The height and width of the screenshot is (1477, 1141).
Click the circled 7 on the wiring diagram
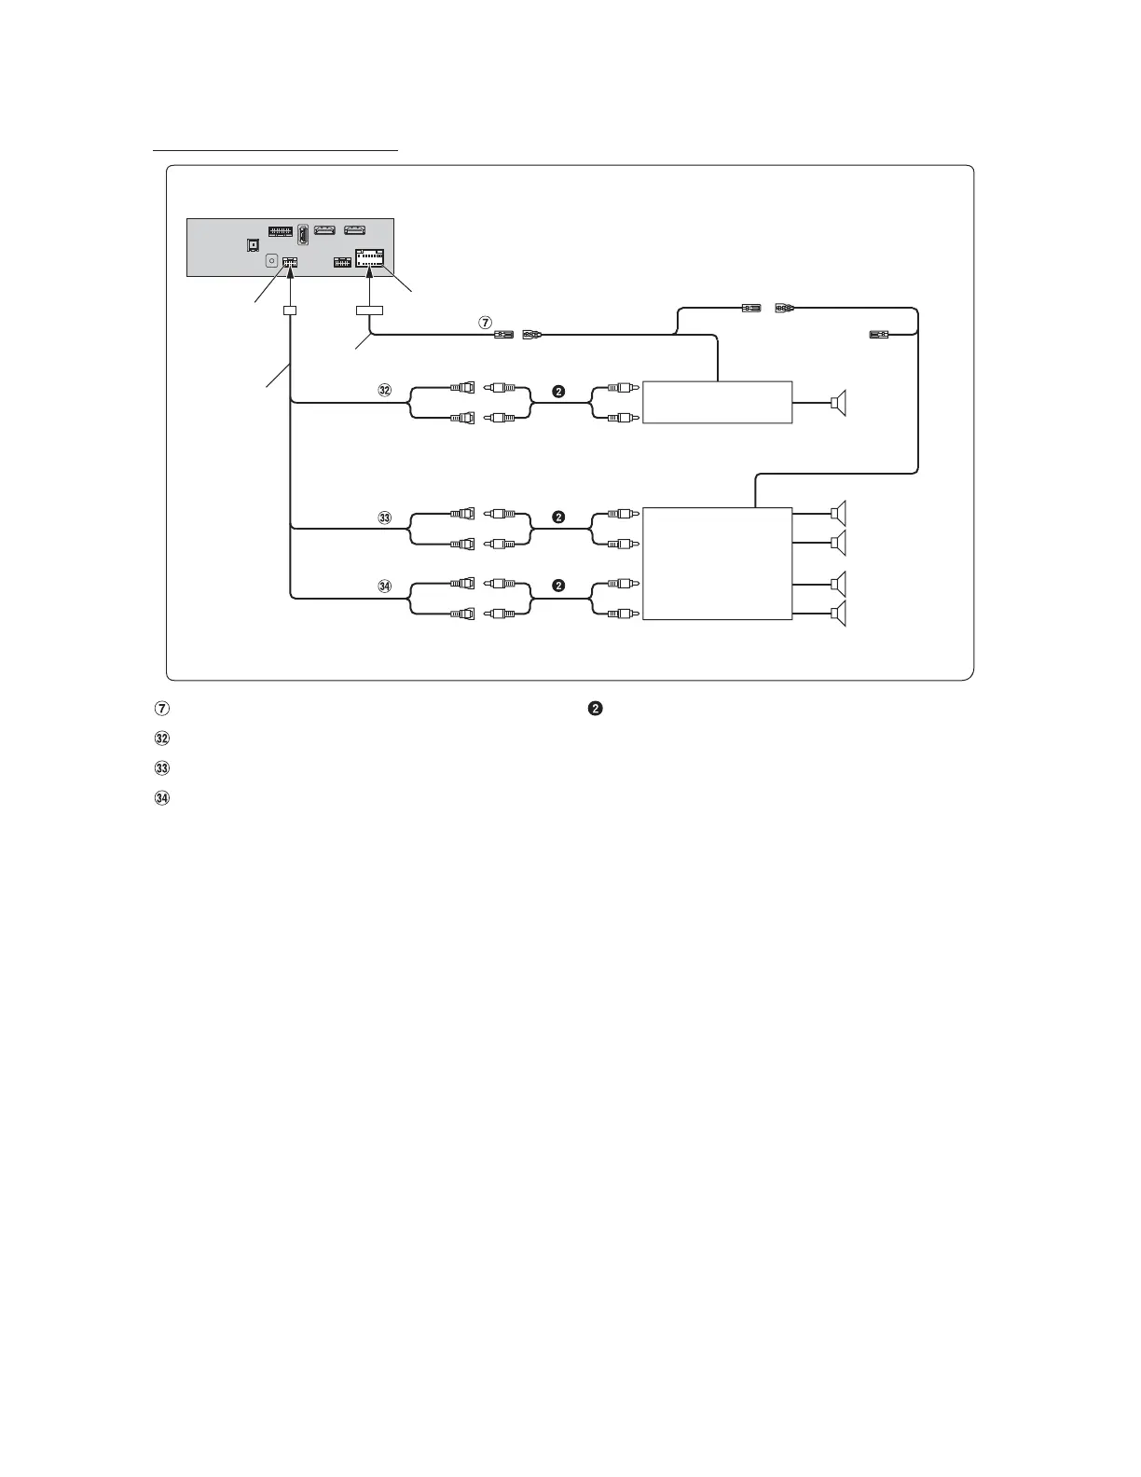tap(485, 322)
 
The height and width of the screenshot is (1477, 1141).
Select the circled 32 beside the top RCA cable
tap(384, 392)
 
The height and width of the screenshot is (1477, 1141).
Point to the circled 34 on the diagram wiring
tap(384, 587)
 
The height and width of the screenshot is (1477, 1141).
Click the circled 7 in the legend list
tap(161, 709)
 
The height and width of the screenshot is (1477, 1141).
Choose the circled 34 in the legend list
tap(161, 798)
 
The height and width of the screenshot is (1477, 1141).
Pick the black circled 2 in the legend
tap(595, 709)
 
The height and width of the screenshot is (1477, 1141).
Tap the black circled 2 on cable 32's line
tap(558, 392)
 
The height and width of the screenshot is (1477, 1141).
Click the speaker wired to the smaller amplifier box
tap(840, 403)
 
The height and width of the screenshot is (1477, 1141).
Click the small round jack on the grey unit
tap(271, 262)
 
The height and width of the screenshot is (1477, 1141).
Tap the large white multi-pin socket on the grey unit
tap(371, 258)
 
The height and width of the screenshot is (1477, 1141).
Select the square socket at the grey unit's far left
tap(252, 245)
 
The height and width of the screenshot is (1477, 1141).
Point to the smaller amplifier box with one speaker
tap(717, 402)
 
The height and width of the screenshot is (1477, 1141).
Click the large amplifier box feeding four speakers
tap(717, 563)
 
